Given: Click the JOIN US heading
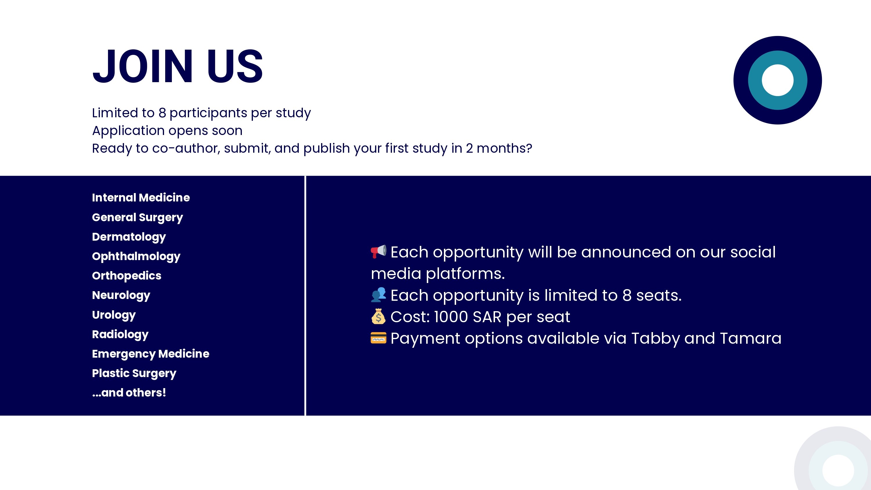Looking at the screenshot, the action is [x=177, y=66].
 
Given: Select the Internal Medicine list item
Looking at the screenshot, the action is [x=141, y=197].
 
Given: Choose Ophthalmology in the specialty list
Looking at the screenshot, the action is [x=136, y=256].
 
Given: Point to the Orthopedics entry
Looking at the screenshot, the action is [x=127, y=275].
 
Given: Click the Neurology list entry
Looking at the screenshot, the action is [x=121, y=295].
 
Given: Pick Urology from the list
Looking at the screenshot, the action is [x=114, y=315].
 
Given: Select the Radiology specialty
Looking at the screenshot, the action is [x=120, y=334].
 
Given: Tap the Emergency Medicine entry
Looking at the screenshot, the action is [x=150, y=354].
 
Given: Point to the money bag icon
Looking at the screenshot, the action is [x=378, y=316].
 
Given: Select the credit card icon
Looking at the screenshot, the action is [x=378, y=338].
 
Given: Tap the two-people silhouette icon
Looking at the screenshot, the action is [x=378, y=295].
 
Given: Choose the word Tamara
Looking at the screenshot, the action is [x=751, y=338].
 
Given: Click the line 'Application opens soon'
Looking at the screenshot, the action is [x=167, y=131].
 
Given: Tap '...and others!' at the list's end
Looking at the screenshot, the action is [x=129, y=392].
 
